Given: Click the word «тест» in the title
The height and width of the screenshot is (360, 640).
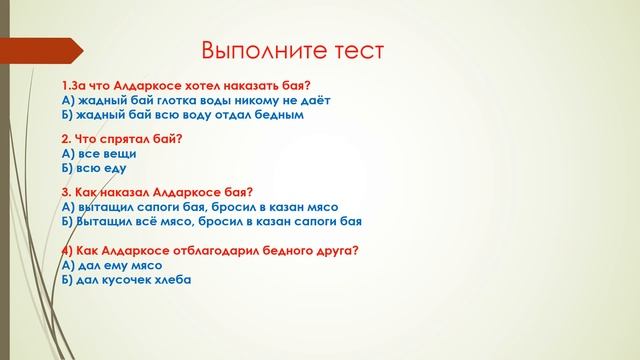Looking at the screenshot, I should [x=350, y=51].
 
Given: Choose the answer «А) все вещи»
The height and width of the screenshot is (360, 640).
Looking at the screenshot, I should [x=98, y=154].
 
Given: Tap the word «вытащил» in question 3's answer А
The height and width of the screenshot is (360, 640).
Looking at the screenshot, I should [x=105, y=206].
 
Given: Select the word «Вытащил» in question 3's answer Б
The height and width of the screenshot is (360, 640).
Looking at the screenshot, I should [x=105, y=221].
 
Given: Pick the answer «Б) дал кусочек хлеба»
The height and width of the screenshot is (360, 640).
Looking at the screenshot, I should [x=126, y=280].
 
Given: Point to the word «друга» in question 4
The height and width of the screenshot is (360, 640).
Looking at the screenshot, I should [x=338, y=251].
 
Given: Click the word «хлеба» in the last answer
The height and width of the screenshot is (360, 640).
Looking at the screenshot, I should [x=172, y=280].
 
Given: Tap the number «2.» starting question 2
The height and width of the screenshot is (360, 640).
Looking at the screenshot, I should [x=67, y=140].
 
